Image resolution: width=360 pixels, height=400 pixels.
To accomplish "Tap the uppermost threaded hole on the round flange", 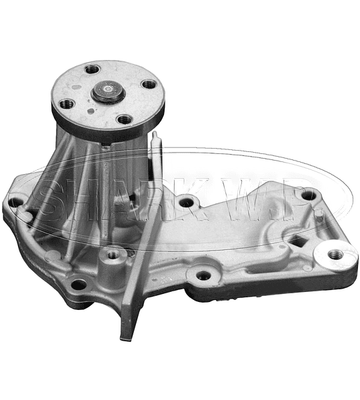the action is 93,69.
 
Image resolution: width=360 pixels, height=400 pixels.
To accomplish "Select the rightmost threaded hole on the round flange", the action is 149,85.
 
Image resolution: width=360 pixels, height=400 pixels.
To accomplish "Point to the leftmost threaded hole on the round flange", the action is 67,104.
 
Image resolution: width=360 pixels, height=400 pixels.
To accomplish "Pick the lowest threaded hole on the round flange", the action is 125,119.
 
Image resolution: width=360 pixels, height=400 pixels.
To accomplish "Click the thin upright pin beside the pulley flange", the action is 156,155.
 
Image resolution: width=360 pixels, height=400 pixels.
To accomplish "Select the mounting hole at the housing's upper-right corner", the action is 309,195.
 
